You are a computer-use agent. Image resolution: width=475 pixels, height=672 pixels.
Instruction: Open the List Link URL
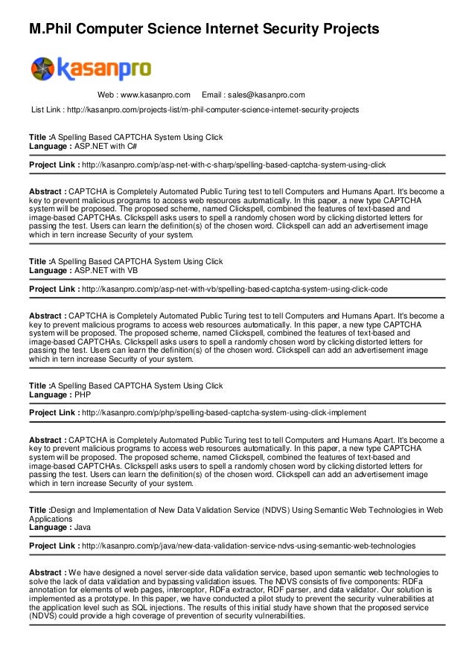click(x=212, y=110)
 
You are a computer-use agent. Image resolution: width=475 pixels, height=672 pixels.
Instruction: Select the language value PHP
click(x=83, y=395)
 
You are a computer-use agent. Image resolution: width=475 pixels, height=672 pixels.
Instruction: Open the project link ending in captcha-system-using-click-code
click(x=234, y=289)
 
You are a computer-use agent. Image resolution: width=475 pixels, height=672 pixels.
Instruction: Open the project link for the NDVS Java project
click(x=248, y=545)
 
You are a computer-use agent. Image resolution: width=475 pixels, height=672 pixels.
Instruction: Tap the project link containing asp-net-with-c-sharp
click(x=233, y=164)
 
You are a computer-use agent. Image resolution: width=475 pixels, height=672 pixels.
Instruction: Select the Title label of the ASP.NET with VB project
click(x=38, y=262)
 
